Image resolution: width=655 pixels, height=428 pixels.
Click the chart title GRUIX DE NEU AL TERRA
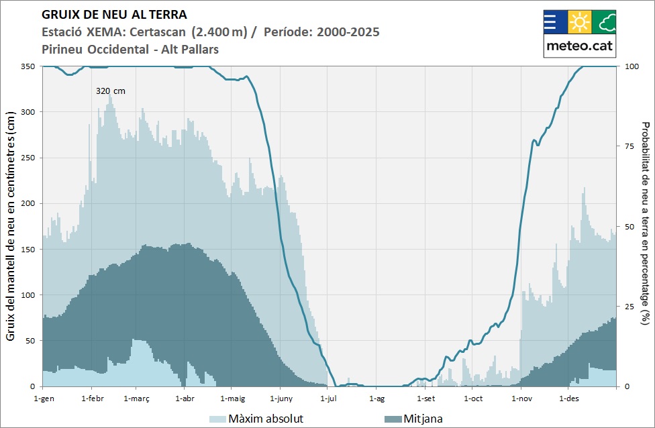[114, 14]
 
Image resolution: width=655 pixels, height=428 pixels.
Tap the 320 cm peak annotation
[110, 91]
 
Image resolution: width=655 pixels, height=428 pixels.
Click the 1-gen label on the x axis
[42, 398]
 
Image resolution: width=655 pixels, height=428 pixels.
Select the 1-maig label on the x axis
[232, 398]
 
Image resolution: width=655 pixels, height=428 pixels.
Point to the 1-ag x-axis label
[376, 398]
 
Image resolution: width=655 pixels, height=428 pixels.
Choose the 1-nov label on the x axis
[521, 398]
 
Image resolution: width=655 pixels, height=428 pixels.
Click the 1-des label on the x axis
[568, 398]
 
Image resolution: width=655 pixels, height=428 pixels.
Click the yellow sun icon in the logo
[579, 22]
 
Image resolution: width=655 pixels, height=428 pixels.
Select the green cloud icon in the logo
[604, 22]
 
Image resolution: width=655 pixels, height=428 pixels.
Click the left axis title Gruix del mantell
[11, 227]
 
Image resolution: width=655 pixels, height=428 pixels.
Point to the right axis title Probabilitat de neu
[646, 227]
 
